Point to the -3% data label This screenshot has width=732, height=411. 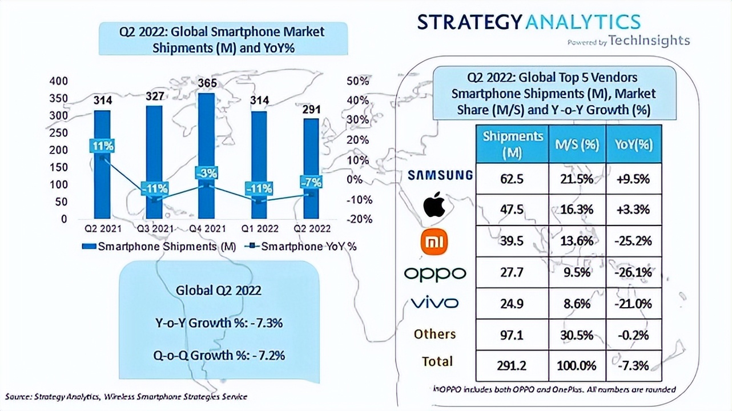(x=206, y=173)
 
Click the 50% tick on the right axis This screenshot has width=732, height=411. (x=357, y=80)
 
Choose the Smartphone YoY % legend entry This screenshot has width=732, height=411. (x=302, y=247)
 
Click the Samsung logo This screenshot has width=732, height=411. (x=440, y=175)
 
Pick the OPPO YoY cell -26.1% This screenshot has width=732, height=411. (x=633, y=272)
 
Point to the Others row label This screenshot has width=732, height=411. (x=435, y=334)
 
